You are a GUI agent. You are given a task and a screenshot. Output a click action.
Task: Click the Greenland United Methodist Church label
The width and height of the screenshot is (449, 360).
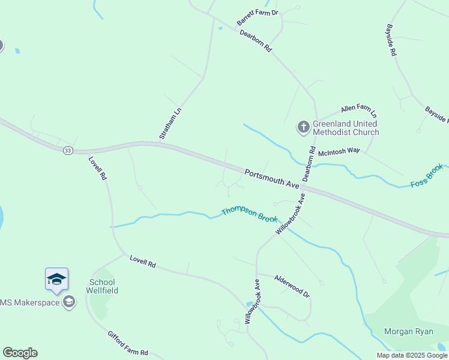tap(346, 128)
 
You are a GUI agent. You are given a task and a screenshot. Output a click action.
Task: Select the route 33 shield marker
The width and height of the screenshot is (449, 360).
tap(68, 151)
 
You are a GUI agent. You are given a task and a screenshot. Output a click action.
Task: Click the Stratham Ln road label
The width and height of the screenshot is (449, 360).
tap(170, 124)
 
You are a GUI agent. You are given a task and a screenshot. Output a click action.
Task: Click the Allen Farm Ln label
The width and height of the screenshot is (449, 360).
tap(358, 111)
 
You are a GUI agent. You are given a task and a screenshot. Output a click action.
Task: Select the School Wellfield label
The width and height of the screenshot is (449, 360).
tap(104, 286)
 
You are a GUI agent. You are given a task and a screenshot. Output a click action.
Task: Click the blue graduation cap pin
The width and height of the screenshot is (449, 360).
tap(56, 280)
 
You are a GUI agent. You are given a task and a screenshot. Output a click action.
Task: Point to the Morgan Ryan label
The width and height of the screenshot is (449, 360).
tap(408, 331)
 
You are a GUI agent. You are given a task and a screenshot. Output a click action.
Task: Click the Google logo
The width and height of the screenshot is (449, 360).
tap(20, 353)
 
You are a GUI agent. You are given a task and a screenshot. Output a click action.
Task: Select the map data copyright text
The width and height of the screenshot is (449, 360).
tap(411, 355)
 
